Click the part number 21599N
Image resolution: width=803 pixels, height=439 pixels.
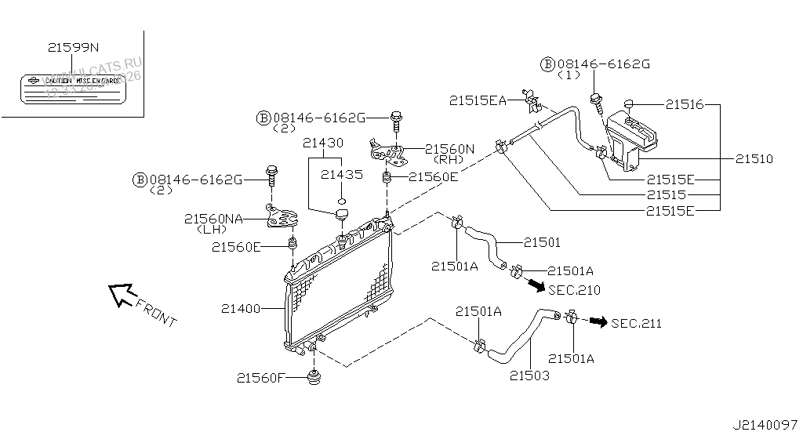point(73,48)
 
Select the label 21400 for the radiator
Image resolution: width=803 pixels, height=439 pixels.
point(240,309)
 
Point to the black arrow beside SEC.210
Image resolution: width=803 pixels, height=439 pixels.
point(534,285)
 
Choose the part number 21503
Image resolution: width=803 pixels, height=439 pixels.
point(529,376)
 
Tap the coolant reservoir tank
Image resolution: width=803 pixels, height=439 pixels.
point(632,139)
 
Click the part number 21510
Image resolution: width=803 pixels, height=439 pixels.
point(754,159)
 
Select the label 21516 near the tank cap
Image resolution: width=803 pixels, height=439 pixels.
point(685,103)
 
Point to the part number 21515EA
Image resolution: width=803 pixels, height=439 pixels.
point(477,100)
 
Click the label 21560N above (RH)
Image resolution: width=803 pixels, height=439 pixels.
point(450,148)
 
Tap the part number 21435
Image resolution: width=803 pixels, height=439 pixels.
point(341,175)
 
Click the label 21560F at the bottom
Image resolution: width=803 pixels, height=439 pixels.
point(260,378)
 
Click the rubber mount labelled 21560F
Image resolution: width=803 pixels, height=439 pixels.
point(315,378)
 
